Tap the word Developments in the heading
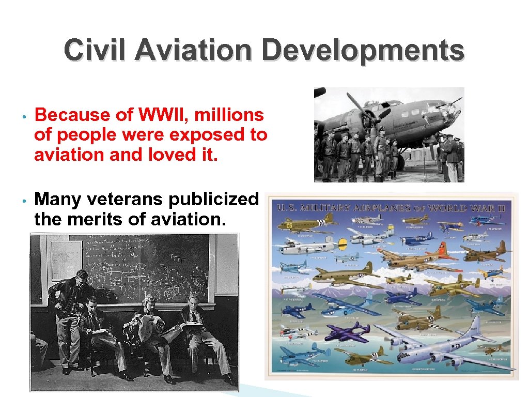363,51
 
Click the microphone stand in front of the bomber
424,155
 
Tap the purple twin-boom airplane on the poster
347,331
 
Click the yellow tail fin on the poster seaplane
341,243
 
